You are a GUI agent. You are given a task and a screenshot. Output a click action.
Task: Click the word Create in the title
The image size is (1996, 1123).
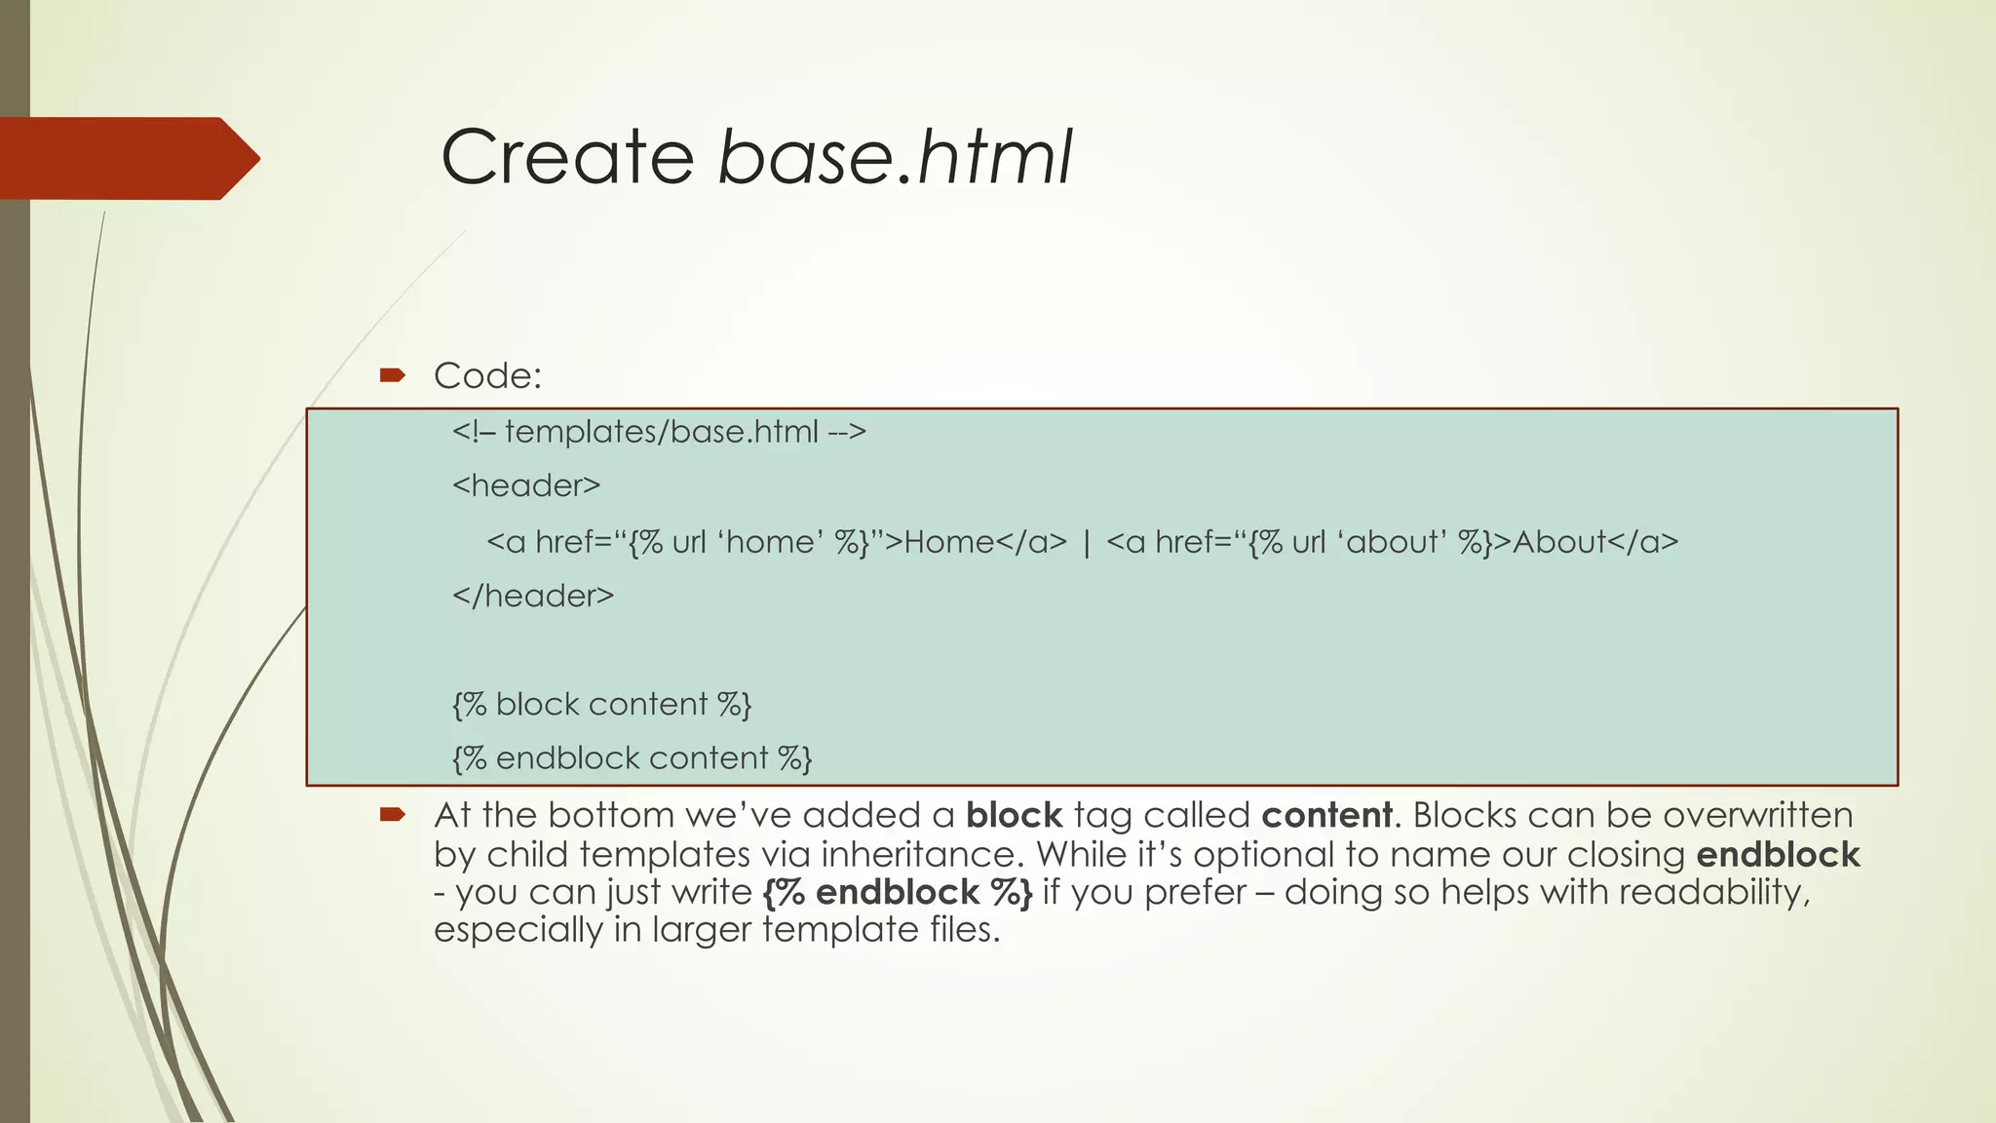tap(567, 157)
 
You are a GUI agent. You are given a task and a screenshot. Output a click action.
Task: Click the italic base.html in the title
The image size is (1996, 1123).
tap(895, 157)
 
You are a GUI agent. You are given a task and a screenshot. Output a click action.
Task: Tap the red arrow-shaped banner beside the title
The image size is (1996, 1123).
tap(127, 158)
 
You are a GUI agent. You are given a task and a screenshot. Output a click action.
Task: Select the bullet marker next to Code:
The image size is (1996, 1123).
tap(392, 374)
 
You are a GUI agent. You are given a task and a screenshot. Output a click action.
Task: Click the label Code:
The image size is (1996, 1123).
tap(487, 375)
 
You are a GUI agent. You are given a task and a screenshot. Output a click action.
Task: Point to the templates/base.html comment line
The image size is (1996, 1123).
tap(659, 431)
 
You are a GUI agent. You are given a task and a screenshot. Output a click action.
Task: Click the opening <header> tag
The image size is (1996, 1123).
tap(526, 485)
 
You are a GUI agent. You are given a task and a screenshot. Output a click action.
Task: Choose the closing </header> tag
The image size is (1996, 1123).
tap(533, 596)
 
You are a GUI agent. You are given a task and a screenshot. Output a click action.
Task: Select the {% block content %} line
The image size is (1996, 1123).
tap(601, 704)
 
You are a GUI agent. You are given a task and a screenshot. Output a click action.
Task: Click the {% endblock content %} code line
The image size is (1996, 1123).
tap(632, 758)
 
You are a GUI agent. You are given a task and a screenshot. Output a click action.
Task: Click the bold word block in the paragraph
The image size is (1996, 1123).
tap(1014, 815)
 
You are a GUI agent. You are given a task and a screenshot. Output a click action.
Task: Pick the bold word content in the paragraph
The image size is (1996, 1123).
tap(1326, 815)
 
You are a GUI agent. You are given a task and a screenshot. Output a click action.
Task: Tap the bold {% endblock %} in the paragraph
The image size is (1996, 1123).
tap(898, 892)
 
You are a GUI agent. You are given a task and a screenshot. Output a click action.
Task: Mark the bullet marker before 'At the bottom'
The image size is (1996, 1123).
tap(392, 814)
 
